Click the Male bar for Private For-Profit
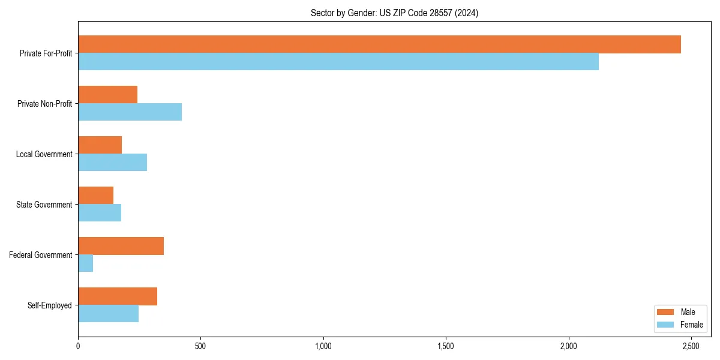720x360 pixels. [x=379, y=44]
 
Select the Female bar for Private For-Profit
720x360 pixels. [x=338, y=61]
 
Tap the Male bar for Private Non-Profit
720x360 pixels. [x=108, y=95]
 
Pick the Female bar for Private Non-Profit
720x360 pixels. [x=130, y=112]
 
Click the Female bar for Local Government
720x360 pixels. [x=112, y=162]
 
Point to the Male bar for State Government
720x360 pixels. [x=96, y=196]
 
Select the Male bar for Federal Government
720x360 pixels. [x=121, y=246]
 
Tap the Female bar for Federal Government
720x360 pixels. [x=86, y=263]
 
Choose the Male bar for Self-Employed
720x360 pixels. [x=118, y=296]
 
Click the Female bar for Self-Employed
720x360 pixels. [x=108, y=313]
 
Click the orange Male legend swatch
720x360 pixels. [x=665, y=312]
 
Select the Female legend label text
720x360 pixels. [x=691, y=325]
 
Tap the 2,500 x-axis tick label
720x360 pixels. [x=691, y=347]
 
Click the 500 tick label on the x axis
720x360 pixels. [x=200, y=347]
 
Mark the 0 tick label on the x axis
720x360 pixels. [x=78, y=347]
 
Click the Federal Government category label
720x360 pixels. [x=41, y=255]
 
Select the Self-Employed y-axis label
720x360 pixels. [x=50, y=305]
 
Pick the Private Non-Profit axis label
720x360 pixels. [x=44, y=104]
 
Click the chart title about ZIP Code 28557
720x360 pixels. [x=394, y=13]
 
